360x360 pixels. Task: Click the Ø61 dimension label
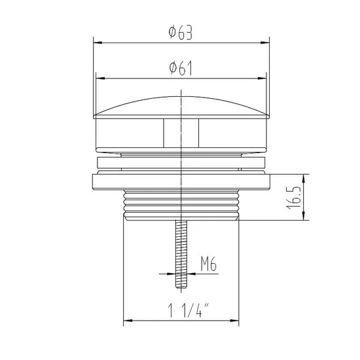[180, 67]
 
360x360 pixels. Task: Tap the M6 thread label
[208, 264]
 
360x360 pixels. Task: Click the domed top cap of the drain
[180, 107]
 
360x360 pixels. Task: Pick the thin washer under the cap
[180, 163]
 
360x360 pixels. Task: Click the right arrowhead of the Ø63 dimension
[268, 44]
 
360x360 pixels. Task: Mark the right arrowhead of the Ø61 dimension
[266, 78]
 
